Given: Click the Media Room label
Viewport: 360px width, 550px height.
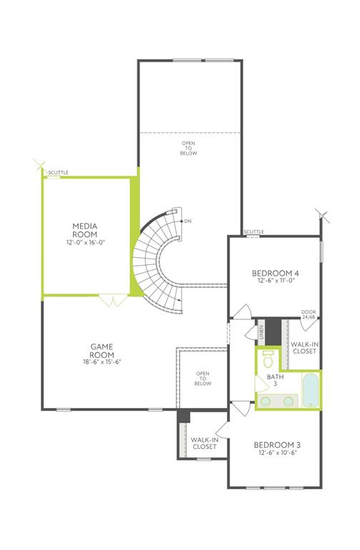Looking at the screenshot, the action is point(85,230).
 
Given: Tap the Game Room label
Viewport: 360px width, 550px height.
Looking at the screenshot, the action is point(102,350).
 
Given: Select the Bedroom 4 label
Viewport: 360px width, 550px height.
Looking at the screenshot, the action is point(276,273).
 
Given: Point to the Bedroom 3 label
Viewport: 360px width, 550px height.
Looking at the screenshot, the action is point(277,445).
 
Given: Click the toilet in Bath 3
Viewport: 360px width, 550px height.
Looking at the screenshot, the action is point(268,359).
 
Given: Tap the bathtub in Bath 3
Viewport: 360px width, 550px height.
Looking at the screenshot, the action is point(311,390).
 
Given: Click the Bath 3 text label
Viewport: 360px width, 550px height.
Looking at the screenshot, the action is point(275,380).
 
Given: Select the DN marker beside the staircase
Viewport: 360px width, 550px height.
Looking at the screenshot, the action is point(188,221).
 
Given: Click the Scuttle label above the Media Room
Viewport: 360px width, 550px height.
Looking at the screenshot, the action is point(58,173).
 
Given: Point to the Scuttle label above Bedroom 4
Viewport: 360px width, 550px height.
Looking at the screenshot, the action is point(254,232).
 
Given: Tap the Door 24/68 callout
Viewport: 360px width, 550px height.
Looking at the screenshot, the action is point(308,314).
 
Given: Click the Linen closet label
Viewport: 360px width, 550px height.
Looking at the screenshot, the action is point(261,332).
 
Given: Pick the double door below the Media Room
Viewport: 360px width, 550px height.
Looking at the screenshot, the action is point(113,300).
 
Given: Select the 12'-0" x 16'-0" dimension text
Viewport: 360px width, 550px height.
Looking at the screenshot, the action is point(86,242).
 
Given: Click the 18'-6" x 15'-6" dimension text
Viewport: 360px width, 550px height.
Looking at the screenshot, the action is point(102,362).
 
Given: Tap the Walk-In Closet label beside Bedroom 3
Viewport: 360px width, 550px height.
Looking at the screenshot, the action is point(205,443).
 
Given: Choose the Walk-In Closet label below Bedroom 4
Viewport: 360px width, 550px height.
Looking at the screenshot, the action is point(305,347).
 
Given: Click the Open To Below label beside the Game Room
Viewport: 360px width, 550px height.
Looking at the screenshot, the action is point(203,378).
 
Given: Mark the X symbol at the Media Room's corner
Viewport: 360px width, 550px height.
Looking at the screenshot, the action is point(39,165).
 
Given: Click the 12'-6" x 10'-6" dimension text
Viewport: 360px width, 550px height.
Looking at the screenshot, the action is point(278,453).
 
